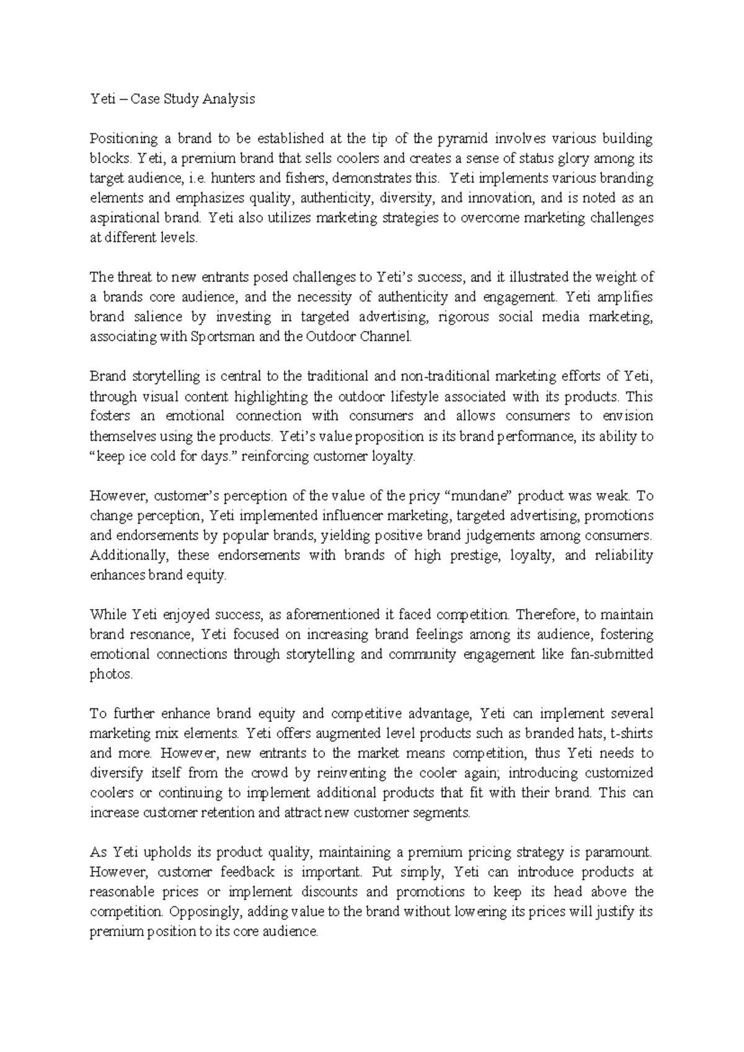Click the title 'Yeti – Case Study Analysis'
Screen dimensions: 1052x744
(x=172, y=99)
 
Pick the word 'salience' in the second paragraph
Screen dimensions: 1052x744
(x=157, y=317)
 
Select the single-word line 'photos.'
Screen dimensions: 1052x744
(x=112, y=674)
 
